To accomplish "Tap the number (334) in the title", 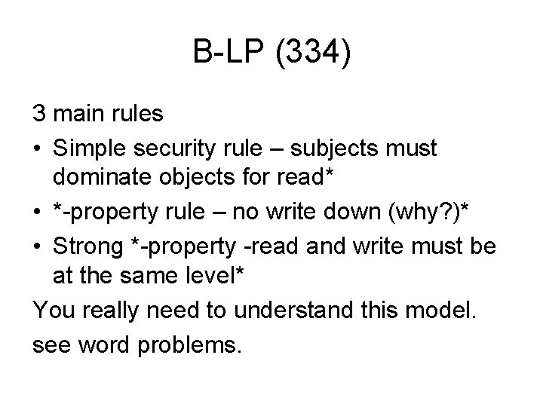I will tap(314, 54).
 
